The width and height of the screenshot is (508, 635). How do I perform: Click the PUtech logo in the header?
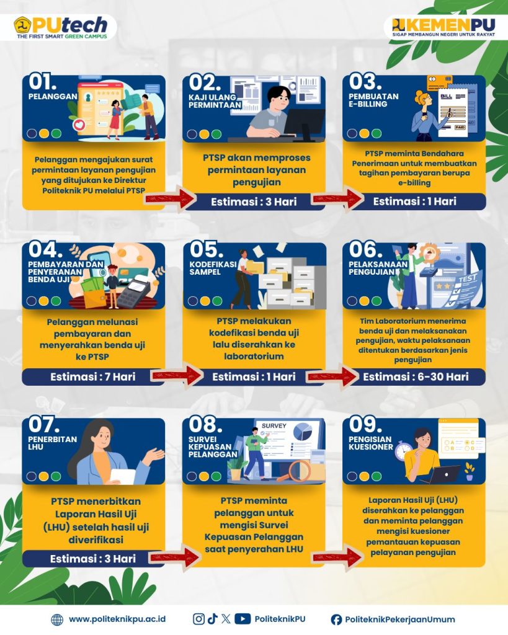(x=61, y=27)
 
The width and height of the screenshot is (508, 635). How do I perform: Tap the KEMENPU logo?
(x=443, y=27)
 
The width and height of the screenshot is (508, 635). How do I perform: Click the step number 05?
(x=206, y=250)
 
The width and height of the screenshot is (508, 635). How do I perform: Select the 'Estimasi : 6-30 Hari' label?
(x=416, y=377)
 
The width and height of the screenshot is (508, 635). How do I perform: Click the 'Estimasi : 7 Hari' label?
(x=93, y=377)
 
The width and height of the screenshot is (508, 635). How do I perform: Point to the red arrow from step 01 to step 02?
(x=170, y=198)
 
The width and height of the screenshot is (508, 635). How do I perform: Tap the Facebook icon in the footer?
(x=336, y=619)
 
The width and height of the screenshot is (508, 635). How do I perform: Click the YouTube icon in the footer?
(x=243, y=619)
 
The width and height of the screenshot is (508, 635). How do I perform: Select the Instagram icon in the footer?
(x=198, y=619)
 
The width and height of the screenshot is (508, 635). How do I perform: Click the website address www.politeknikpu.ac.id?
(x=117, y=619)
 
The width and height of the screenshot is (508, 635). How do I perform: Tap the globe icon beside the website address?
(x=57, y=619)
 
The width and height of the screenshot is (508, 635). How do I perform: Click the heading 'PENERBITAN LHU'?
(x=52, y=443)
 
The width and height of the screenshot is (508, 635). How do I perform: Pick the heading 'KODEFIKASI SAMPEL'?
(x=213, y=268)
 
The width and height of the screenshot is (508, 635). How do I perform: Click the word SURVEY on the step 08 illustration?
(x=274, y=425)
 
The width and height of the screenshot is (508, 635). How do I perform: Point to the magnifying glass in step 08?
(x=295, y=472)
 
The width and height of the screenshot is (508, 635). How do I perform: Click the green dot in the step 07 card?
(x=56, y=476)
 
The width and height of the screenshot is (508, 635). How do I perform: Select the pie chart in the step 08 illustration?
(x=303, y=432)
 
